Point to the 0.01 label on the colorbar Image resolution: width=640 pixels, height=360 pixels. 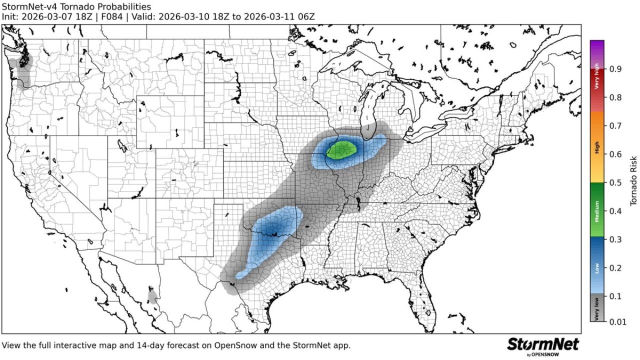(617, 322)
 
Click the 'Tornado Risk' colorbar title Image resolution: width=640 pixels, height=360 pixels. (633, 181)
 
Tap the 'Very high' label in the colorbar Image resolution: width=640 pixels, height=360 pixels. (597, 79)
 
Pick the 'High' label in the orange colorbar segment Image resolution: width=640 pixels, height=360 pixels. (597, 147)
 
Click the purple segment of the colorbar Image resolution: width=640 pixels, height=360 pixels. (597, 50)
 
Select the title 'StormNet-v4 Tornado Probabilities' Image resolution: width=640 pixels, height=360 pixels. (76, 6)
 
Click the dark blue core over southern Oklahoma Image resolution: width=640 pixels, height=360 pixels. (272, 230)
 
